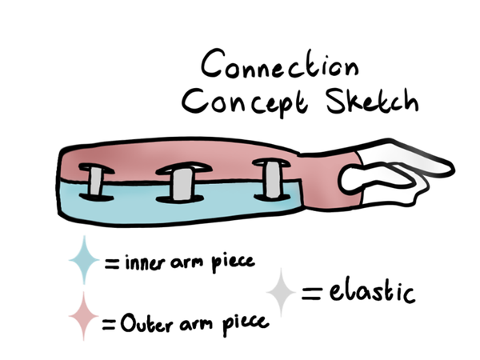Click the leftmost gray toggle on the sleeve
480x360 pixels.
coord(95,182)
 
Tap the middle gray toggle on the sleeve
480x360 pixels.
coord(182,183)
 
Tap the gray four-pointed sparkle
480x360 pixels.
coord(281,293)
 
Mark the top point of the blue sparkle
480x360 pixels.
coord(84,235)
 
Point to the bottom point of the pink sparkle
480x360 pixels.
coord(83,339)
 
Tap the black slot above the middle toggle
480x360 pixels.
coord(183,167)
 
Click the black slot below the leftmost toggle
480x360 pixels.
coord(95,198)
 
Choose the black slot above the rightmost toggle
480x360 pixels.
coord(270,162)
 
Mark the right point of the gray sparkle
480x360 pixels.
coord(296,293)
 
